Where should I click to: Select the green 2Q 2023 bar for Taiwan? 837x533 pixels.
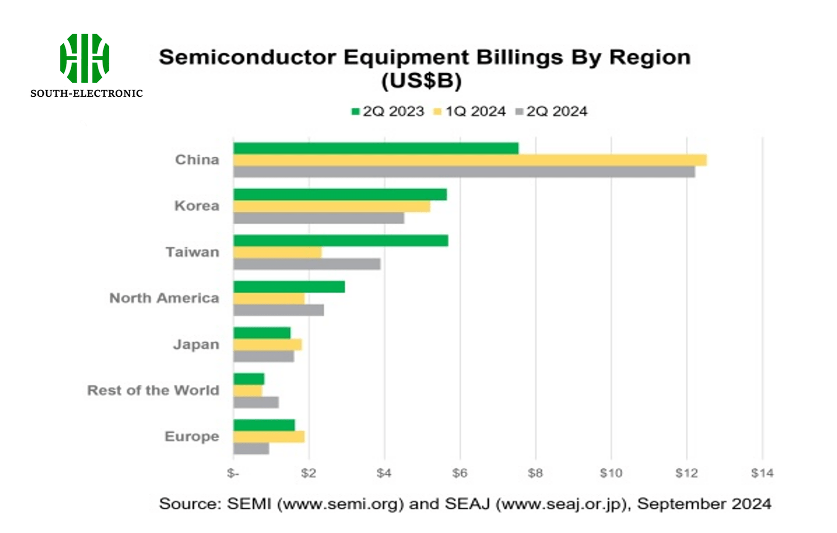click(341, 241)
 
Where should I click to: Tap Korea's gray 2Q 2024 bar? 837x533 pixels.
click(319, 218)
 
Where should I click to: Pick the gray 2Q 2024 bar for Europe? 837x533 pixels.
click(251, 448)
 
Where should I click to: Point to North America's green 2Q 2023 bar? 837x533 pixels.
click(289, 287)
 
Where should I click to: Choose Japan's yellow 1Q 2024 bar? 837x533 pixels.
click(267, 345)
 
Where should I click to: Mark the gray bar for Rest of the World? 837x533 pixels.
click(256, 402)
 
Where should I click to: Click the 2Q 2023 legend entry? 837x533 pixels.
click(388, 111)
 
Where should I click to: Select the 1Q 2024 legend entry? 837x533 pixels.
click(470, 111)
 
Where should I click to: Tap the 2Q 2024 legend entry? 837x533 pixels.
click(551, 111)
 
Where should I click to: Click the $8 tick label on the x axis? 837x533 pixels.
click(535, 473)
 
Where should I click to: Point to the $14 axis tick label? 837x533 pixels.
click(762, 473)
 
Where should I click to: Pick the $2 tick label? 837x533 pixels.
click(309, 473)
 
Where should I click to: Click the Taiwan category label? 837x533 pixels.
click(193, 252)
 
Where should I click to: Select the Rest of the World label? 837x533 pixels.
click(153, 390)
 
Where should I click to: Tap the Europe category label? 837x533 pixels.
click(192, 436)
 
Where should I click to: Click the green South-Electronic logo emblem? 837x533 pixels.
click(84, 58)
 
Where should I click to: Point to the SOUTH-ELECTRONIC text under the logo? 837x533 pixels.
click(86, 94)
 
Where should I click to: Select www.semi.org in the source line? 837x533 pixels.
click(340, 504)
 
